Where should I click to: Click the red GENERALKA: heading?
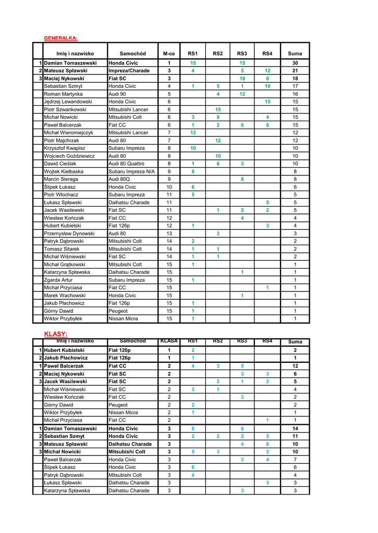(60, 38)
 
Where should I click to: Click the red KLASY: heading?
(56, 333)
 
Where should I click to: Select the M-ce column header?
(169, 54)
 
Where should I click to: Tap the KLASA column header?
(169, 341)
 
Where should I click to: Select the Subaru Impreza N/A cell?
(131, 171)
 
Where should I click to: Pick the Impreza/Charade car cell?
(129, 71)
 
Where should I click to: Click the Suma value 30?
(295, 63)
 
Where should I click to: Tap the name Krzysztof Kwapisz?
(65, 148)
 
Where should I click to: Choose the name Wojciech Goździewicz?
(69, 156)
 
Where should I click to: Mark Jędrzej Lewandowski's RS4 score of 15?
(267, 101)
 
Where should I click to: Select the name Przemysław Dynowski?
(69, 233)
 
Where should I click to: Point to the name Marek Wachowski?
(65, 295)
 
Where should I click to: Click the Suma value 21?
(295, 71)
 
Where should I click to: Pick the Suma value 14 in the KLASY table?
(295, 428)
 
